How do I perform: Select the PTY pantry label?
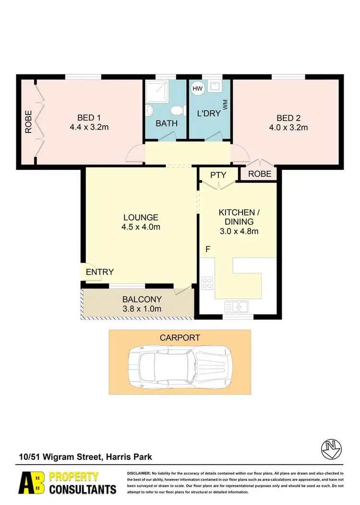pyautogui.click(x=218, y=175)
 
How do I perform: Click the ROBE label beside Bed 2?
pyautogui.click(x=259, y=174)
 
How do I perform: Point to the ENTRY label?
pyautogui.click(x=100, y=272)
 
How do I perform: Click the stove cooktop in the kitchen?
pyautogui.click(x=207, y=283)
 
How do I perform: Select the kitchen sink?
pyautogui.click(x=236, y=306)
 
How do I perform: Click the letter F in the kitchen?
pyautogui.click(x=208, y=249)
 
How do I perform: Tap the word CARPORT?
pyautogui.click(x=180, y=338)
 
